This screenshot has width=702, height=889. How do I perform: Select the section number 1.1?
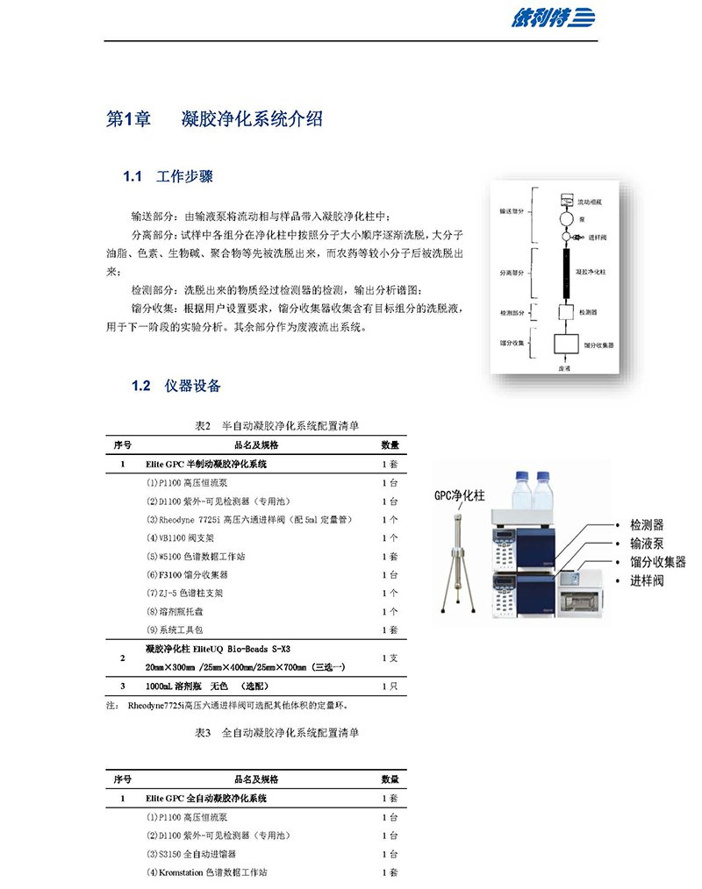click(x=133, y=177)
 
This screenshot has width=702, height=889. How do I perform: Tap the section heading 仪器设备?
click(x=192, y=386)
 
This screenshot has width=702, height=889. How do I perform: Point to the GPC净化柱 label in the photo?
click(x=462, y=495)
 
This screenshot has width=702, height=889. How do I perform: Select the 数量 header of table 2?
click(x=390, y=444)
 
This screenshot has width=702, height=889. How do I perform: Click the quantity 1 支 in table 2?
click(x=390, y=657)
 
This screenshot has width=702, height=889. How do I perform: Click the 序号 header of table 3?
click(x=123, y=779)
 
